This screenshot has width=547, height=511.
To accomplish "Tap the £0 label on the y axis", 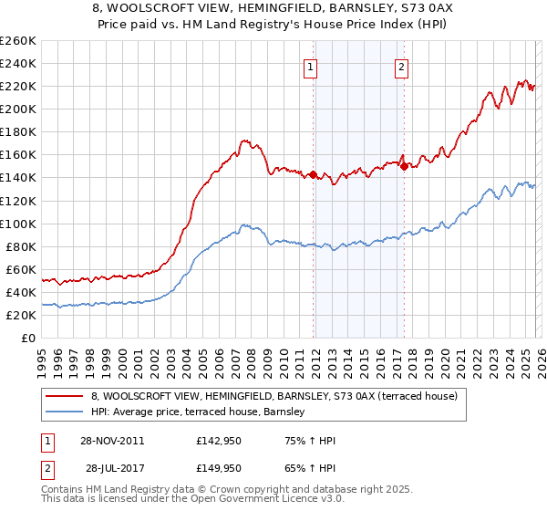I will tap(28, 338).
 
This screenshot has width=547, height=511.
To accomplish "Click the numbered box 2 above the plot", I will tap(401, 66).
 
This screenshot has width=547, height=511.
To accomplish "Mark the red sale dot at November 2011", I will tap(313, 174).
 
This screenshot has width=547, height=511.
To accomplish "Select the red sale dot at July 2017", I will tap(404, 166).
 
